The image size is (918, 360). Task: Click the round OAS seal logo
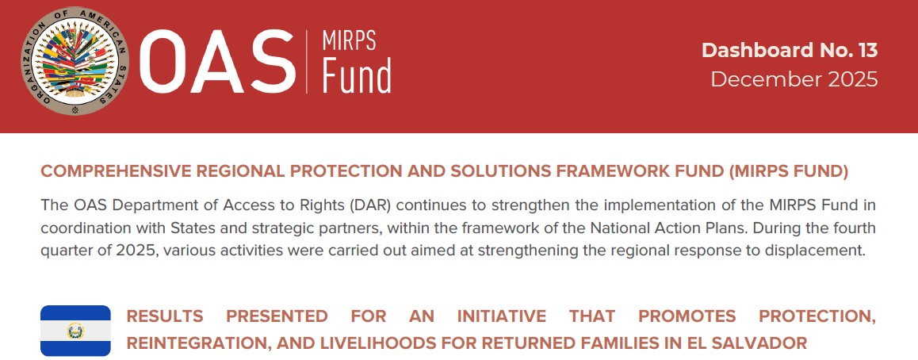coord(75,60)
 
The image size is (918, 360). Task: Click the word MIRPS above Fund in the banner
coord(348,40)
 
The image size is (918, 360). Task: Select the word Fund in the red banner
coord(356,76)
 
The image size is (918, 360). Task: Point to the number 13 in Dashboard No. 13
coord(867,50)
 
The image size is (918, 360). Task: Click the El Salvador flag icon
coord(75,331)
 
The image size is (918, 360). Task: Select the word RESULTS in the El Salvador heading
coord(165,316)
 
